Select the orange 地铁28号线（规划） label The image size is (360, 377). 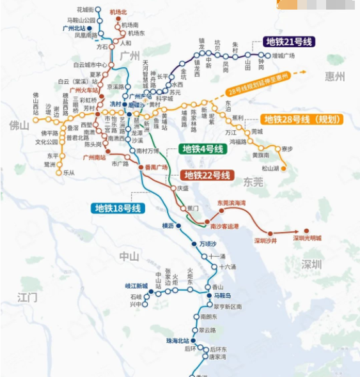coord(302,119)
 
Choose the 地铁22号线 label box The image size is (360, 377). coord(207,175)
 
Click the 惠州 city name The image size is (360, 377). coord(334,77)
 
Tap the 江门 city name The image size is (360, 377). coord(28,298)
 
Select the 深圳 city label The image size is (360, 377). coord(312,264)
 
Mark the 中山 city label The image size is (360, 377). coord(129,256)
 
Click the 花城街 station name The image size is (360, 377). coord(85,10)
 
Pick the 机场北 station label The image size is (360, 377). coord(118,12)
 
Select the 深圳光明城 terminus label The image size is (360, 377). coord(307,238)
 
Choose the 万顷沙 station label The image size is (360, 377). coord(208,245)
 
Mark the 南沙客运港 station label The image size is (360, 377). coord(224,227)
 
